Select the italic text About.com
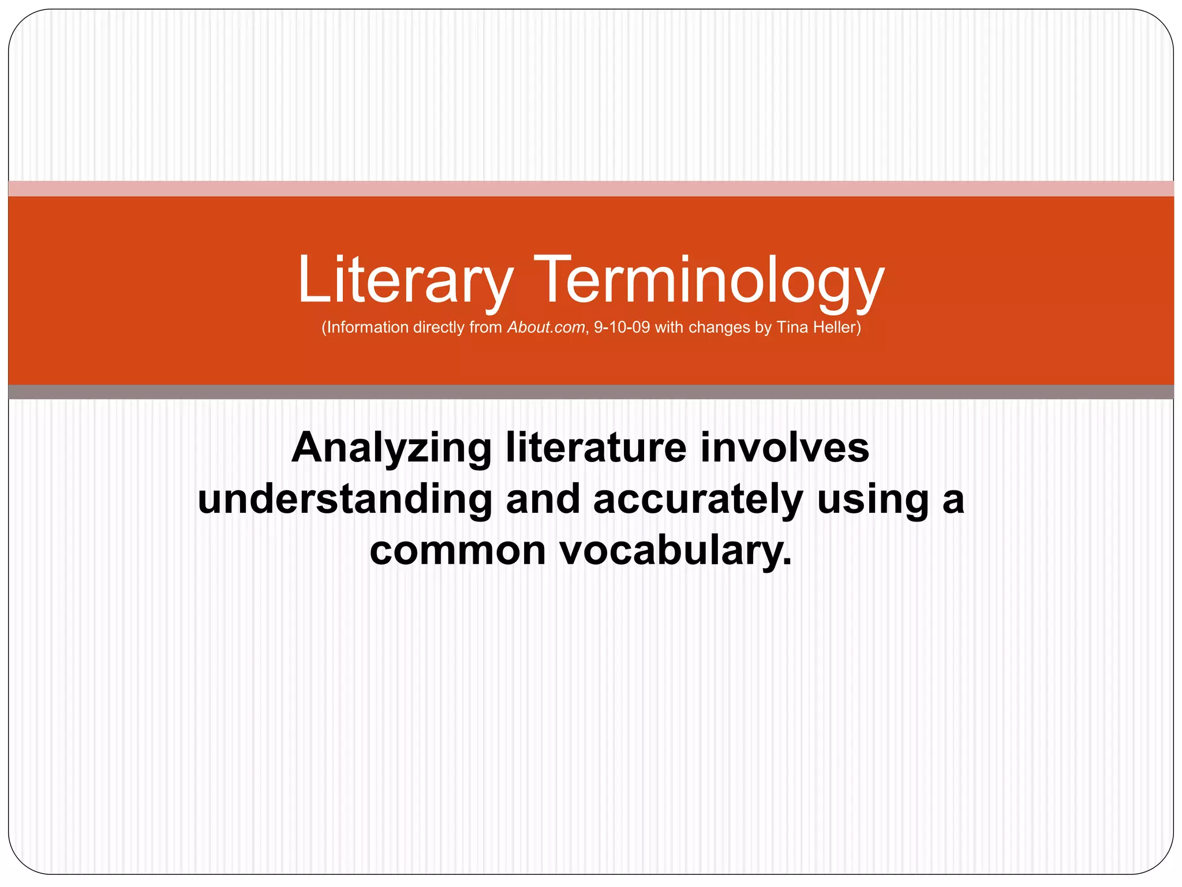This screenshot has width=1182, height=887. click(x=545, y=327)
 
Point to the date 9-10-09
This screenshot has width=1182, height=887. click(x=622, y=327)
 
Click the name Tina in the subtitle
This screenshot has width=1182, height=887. click(x=792, y=327)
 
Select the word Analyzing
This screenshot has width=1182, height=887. click(x=391, y=448)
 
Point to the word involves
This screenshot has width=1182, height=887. click(x=784, y=448)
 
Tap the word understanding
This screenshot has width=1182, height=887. click(x=345, y=499)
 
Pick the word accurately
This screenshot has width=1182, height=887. click(x=698, y=499)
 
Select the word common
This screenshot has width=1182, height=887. click(x=457, y=550)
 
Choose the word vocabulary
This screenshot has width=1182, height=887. click(x=675, y=550)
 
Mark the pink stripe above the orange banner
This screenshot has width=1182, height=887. click(x=591, y=188)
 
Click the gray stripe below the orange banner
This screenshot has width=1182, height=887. click(x=591, y=392)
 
